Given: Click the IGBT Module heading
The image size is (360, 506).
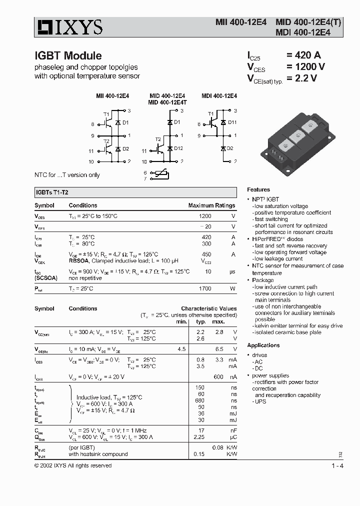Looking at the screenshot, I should click(x=68, y=56).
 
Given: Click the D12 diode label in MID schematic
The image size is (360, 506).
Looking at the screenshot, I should click(x=179, y=148).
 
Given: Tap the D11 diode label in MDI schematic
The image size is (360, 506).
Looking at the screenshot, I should click(x=232, y=122).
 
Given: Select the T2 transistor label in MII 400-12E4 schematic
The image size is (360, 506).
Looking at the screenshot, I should click(x=106, y=141).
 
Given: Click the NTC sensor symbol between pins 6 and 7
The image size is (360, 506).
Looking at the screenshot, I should click(x=161, y=175).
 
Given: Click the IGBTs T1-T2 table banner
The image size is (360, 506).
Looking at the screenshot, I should click(x=135, y=192).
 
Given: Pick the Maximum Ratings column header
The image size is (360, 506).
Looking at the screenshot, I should click(x=211, y=205).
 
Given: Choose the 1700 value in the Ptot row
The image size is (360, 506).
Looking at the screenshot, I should click(x=205, y=288).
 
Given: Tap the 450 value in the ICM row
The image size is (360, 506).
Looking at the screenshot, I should click(x=206, y=254).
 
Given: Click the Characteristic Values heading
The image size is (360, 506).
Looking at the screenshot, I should click(x=208, y=308).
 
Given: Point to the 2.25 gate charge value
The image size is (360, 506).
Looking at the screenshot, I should click(x=200, y=436).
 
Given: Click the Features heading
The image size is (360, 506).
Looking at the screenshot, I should click(x=258, y=189).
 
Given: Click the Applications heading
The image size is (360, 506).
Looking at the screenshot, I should click(x=263, y=345).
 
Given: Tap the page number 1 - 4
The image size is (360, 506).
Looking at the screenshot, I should click(x=337, y=466).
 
